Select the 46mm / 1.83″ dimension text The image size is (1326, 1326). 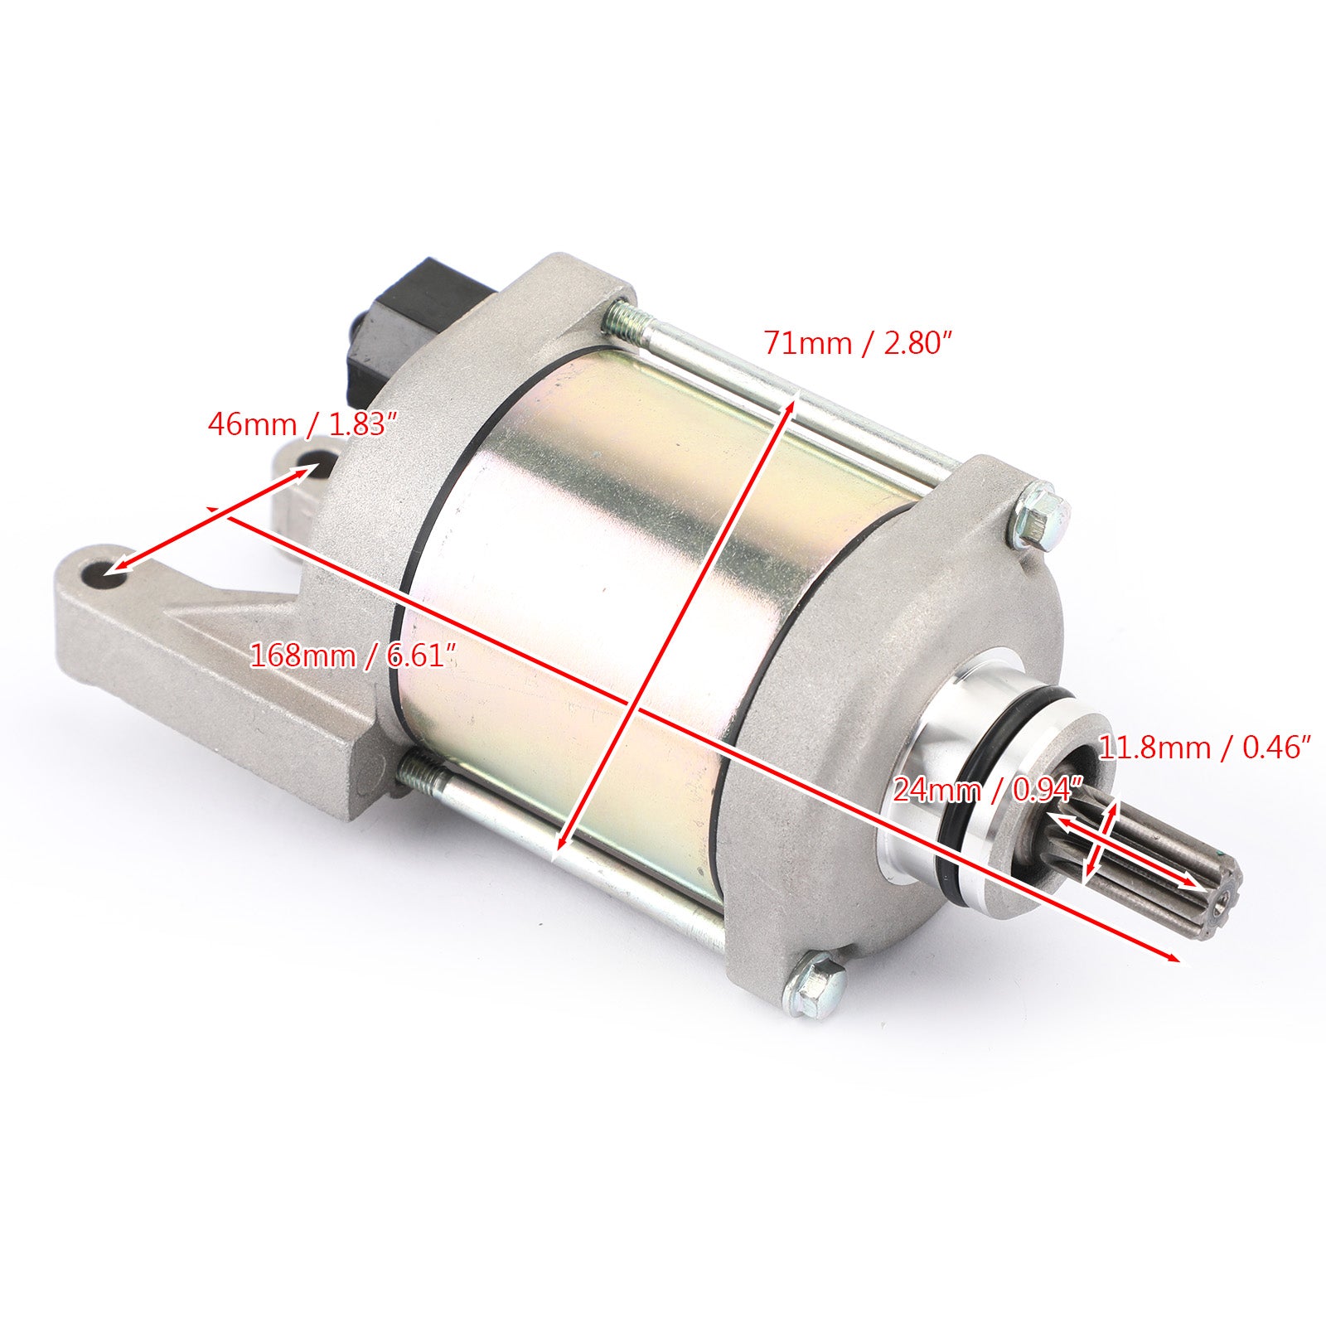298,424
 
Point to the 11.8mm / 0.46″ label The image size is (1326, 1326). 1204,748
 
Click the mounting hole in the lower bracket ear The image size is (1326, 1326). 104,573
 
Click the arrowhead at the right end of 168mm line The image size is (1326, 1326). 1174,959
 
